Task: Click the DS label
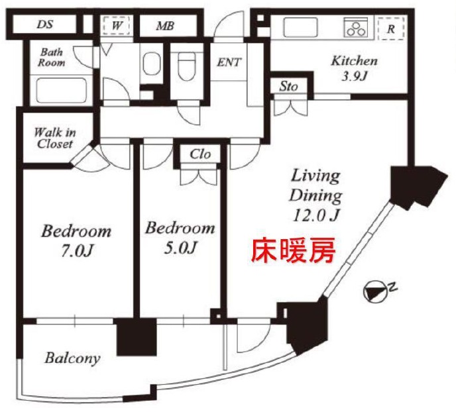[x=45, y=24]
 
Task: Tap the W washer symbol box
[x=117, y=26]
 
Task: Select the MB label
[x=165, y=26]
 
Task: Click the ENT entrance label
[x=229, y=62]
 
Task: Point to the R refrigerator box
[x=391, y=28]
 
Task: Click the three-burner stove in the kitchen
[x=356, y=27]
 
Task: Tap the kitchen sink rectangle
[x=301, y=27]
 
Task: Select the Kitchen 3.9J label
[x=354, y=69]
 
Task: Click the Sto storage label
[x=288, y=86]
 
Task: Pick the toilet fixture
[x=186, y=66]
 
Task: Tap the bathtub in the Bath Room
[x=62, y=90]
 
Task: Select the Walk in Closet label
[x=54, y=138]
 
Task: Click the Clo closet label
[x=200, y=154]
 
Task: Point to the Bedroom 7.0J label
[x=76, y=241]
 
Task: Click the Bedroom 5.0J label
[x=180, y=238]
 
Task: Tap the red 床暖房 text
[x=294, y=250]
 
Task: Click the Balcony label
[x=72, y=358]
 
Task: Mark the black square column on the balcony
[x=137, y=336]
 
